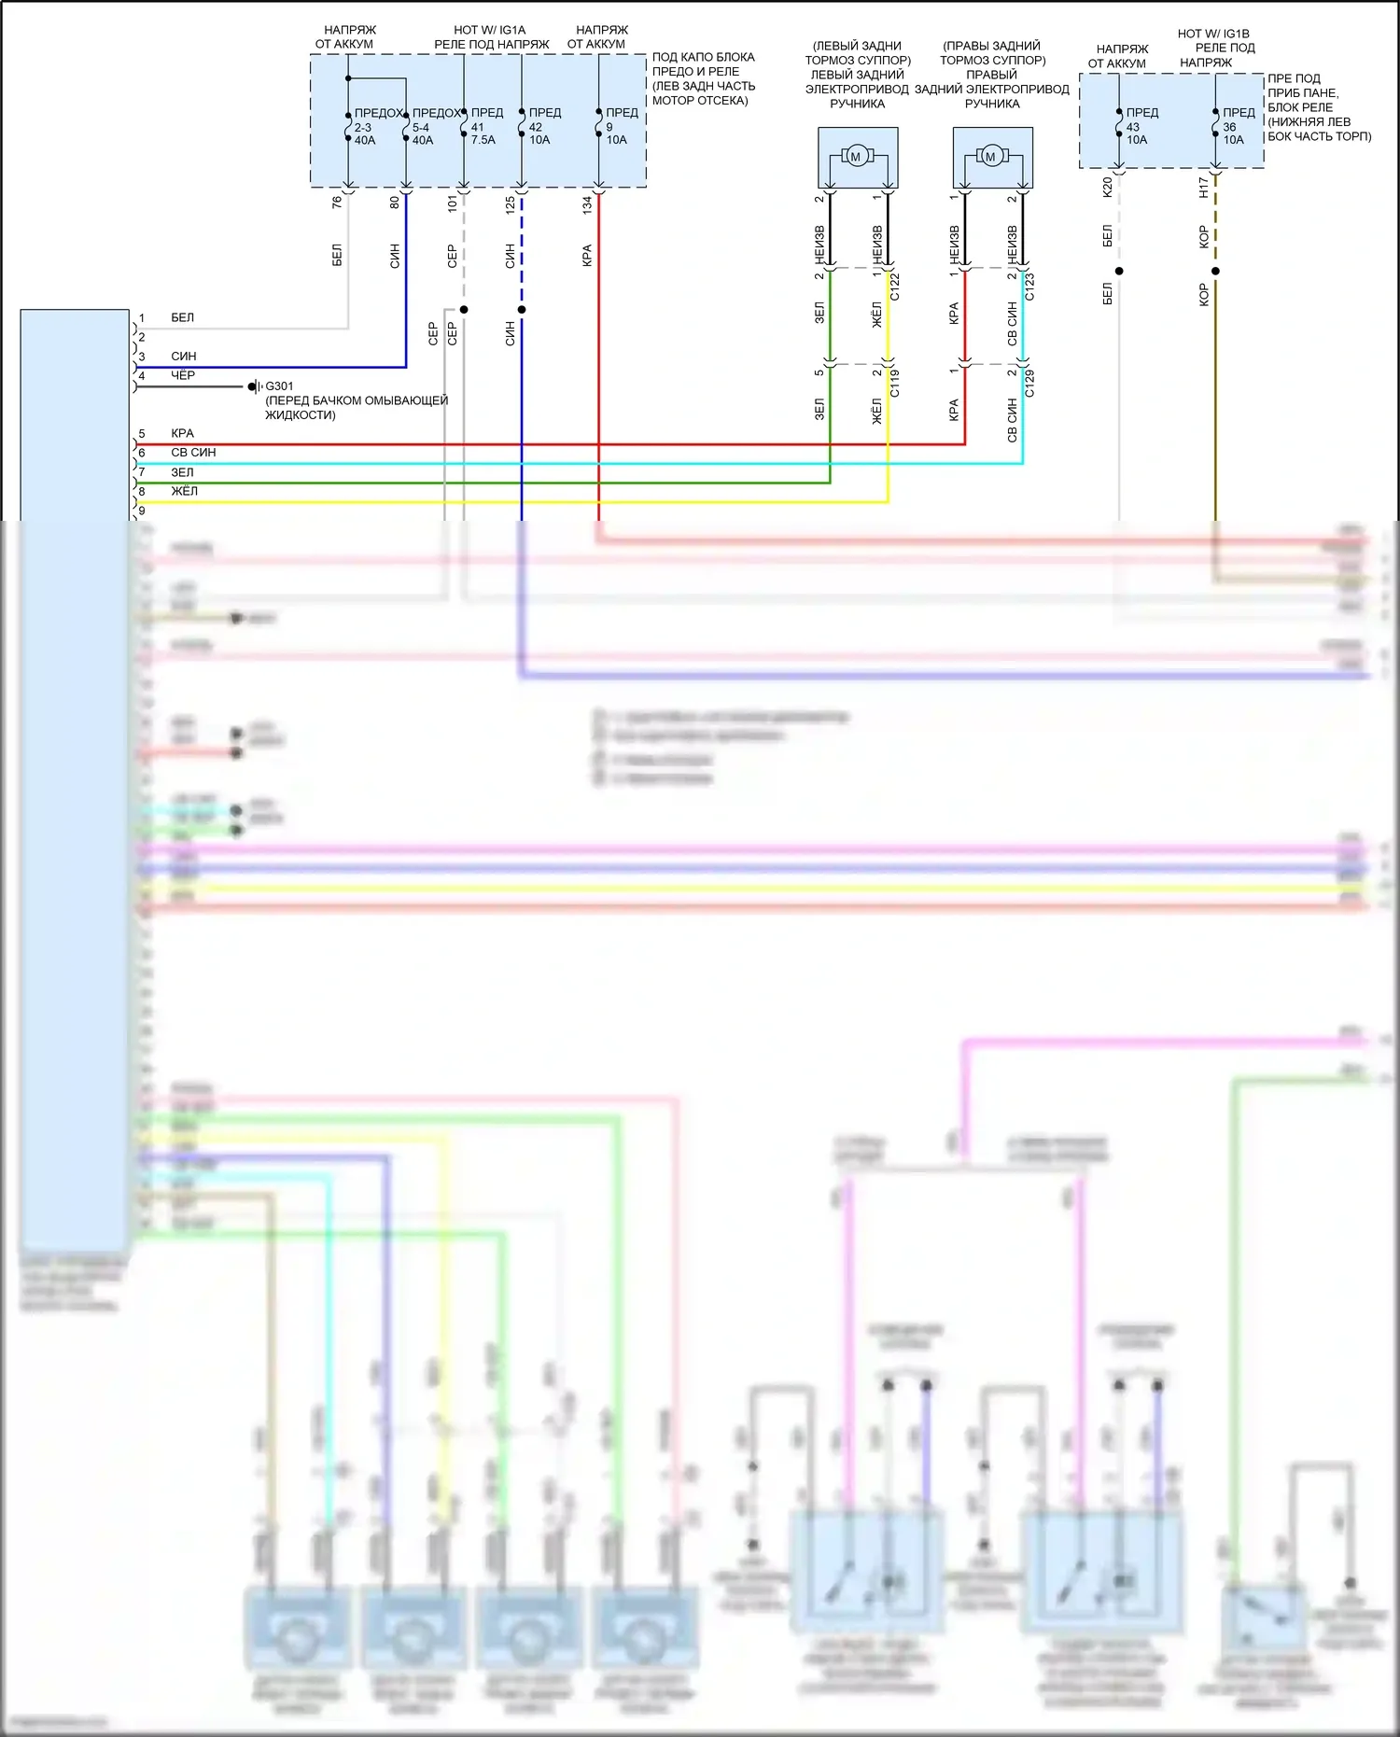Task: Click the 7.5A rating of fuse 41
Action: pos(483,140)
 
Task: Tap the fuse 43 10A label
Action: pos(1136,126)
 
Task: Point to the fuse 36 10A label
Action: pos(1233,126)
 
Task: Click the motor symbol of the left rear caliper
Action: pos(855,157)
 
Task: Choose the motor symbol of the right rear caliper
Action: pos(990,157)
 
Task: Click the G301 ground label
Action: pos(279,385)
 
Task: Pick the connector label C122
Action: pos(895,286)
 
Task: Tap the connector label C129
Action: pos(1029,384)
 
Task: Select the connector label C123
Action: pos(1029,286)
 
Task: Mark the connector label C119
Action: pos(895,384)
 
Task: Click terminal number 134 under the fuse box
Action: pos(587,204)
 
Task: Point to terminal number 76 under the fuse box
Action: pos(337,202)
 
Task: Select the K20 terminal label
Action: pos(1107,187)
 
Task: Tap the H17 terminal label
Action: pos(1203,188)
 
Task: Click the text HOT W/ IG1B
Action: pos(1212,34)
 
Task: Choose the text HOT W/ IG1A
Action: pos(489,30)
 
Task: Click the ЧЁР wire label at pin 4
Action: pos(183,375)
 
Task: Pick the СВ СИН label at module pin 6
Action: pos(193,453)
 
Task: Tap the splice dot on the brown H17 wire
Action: pos(1215,272)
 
